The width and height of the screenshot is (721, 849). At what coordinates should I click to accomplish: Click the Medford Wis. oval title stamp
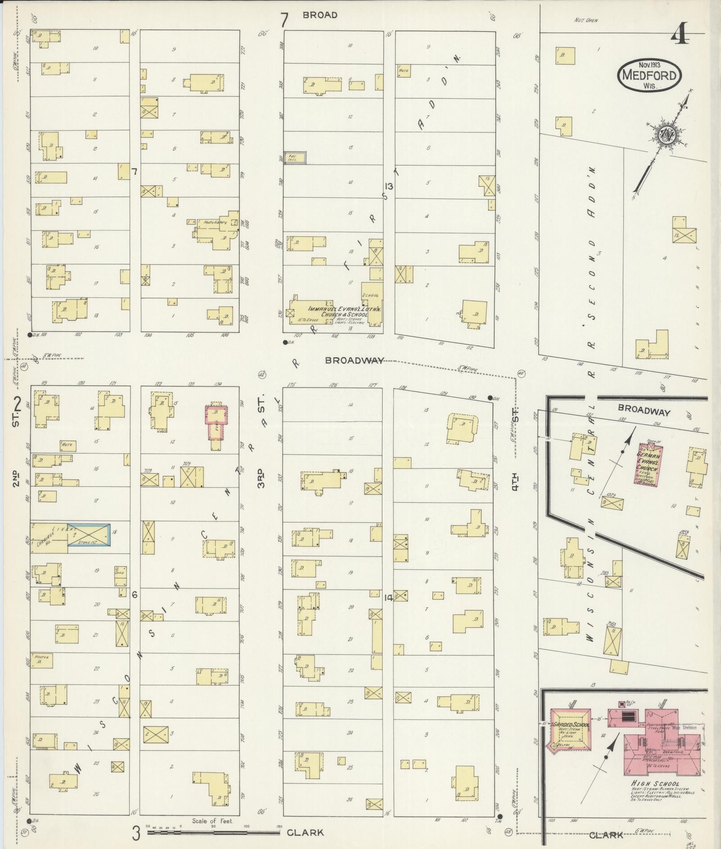point(649,75)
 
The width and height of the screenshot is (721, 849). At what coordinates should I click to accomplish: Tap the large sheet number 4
point(680,33)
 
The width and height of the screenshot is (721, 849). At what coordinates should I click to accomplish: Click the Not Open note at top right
point(586,20)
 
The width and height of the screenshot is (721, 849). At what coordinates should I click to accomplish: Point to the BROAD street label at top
point(320,15)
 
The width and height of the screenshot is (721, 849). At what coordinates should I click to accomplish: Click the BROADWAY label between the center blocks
point(355,360)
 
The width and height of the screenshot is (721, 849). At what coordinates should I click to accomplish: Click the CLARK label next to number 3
point(305,832)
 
